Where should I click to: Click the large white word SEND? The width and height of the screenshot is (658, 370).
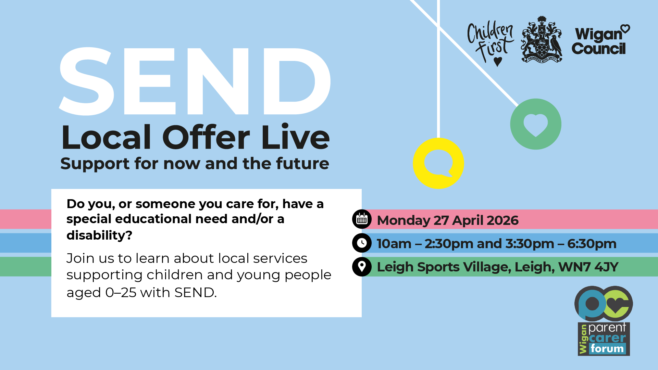click(195, 81)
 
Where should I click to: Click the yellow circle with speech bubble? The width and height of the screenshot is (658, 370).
click(438, 163)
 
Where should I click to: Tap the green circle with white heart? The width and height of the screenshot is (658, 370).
click(536, 124)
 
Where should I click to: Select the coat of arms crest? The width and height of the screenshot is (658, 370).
click(542, 40)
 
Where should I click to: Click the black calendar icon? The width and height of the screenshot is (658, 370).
click(362, 219)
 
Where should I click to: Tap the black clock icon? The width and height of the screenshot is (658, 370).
click(362, 243)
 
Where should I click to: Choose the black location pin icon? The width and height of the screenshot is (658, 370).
click(362, 267)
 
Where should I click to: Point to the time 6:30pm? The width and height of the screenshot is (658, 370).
click(592, 244)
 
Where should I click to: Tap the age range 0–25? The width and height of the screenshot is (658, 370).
click(121, 293)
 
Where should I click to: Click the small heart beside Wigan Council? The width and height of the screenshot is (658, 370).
click(625, 29)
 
